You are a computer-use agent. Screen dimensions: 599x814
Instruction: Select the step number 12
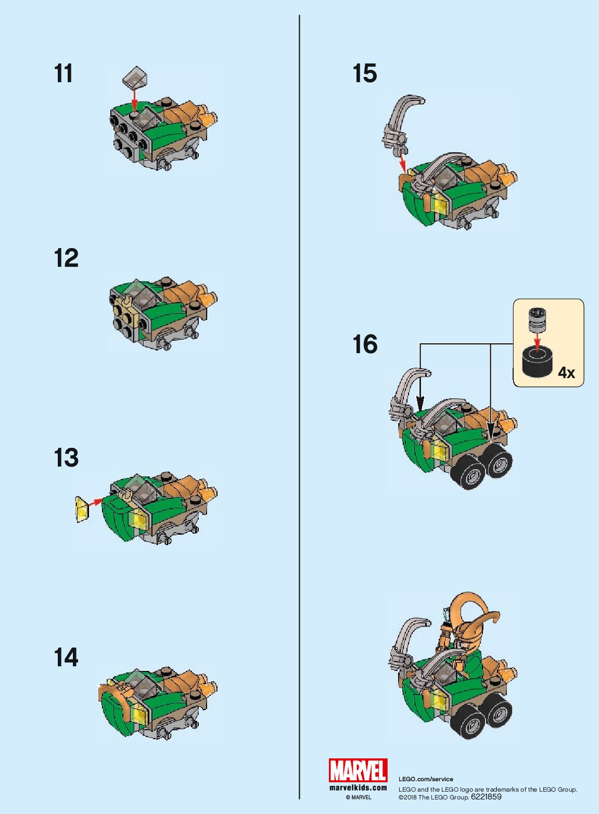tap(66, 258)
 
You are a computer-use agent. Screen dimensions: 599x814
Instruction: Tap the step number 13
tap(66, 457)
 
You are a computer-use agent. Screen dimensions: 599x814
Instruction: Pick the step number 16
tap(365, 344)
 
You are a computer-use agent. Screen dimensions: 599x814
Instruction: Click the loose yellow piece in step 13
tap(82, 509)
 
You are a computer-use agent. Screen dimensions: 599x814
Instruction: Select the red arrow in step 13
tap(95, 502)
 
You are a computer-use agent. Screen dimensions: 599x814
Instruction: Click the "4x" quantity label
tap(566, 372)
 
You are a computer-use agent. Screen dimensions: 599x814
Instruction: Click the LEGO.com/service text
tap(426, 779)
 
